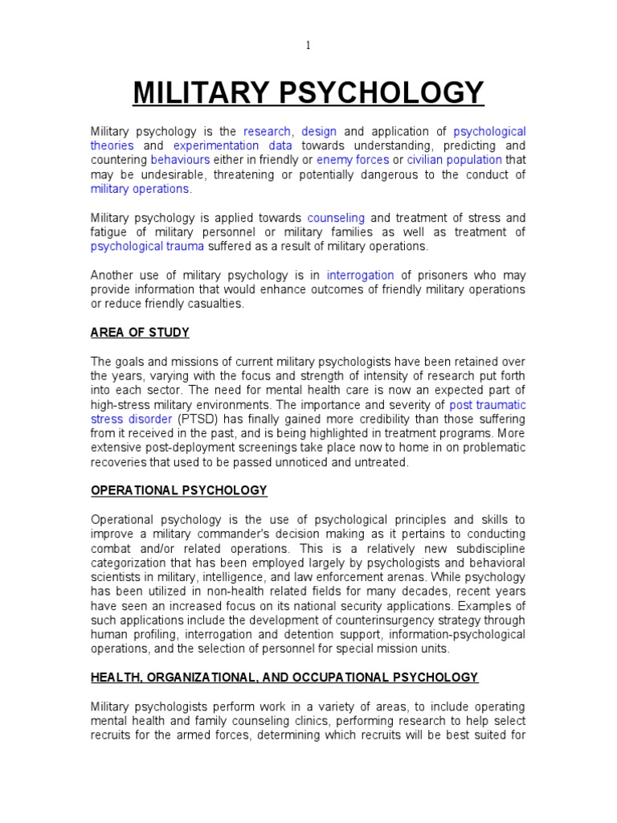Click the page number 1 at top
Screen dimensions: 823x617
pos(308,46)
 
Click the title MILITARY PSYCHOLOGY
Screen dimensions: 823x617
pos(308,93)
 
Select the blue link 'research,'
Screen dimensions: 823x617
pos(269,131)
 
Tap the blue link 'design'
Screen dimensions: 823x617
pos(319,131)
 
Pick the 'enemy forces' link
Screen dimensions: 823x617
pos(353,160)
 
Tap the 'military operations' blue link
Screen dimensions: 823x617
pos(141,189)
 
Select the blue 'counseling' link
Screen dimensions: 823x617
pos(336,218)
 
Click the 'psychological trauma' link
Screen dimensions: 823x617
pos(147,247)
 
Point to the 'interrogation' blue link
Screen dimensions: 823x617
pos(361,275)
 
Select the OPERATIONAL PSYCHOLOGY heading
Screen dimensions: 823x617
pos(178,490)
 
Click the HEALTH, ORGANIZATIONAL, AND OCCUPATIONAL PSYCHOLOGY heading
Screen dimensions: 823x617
pos(284,678)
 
